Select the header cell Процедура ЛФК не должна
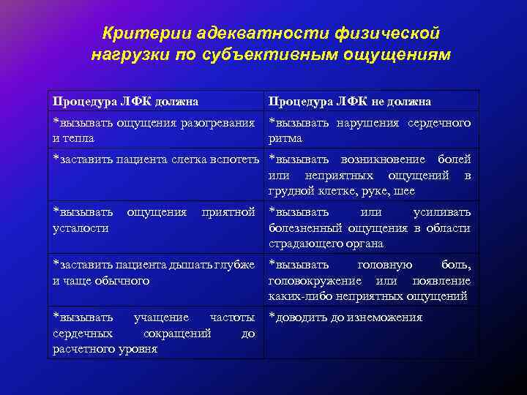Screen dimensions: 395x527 coord(350,101)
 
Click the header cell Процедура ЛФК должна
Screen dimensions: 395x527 coord(126,101)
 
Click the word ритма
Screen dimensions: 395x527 coord(285,138)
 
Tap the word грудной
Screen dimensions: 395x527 coord(291,190)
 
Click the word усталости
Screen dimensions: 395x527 coord(80,227)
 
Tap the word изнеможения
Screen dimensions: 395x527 coord(386,317)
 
